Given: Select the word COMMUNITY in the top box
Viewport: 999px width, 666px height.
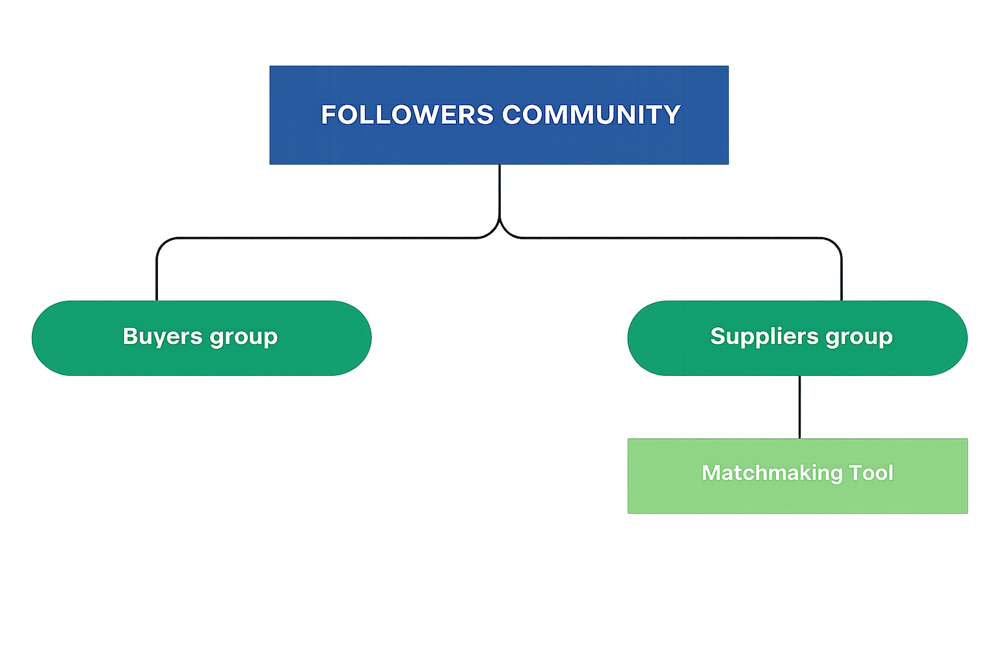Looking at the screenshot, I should click(591, 115).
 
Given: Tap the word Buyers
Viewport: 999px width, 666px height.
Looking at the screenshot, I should click(163, 336).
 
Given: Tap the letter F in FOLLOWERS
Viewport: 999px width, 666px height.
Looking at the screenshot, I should click(328, 115).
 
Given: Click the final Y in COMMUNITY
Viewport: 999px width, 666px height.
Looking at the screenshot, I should click(673, 115).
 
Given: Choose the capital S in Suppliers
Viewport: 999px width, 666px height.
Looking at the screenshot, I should click(718, 336).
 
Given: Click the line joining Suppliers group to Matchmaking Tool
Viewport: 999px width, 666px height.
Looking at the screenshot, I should click(799, 406).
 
